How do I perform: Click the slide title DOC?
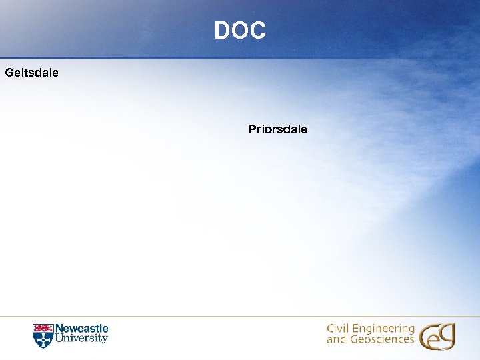pos(240,30)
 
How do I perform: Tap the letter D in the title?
pos(223,30)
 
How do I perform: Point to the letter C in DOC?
pos(257,30)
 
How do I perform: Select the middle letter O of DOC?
pos(240,30)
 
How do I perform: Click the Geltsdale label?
pos(31,71)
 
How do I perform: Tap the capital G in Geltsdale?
pos(9,71)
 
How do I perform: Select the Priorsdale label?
pos(277,129)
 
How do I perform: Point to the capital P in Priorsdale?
pos(253,129)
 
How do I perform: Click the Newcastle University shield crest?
pos(43,335)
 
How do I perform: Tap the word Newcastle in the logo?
pos(81,329)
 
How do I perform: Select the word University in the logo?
pos(81,339)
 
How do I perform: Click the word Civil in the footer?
pos(337,329)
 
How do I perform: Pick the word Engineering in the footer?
pos(382,330)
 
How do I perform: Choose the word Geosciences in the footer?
pos(381,339)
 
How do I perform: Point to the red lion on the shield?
pos(43,328)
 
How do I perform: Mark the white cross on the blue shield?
pos(43,339)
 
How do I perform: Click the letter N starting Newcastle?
pos(59,329)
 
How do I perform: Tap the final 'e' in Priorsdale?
pos(303,129)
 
